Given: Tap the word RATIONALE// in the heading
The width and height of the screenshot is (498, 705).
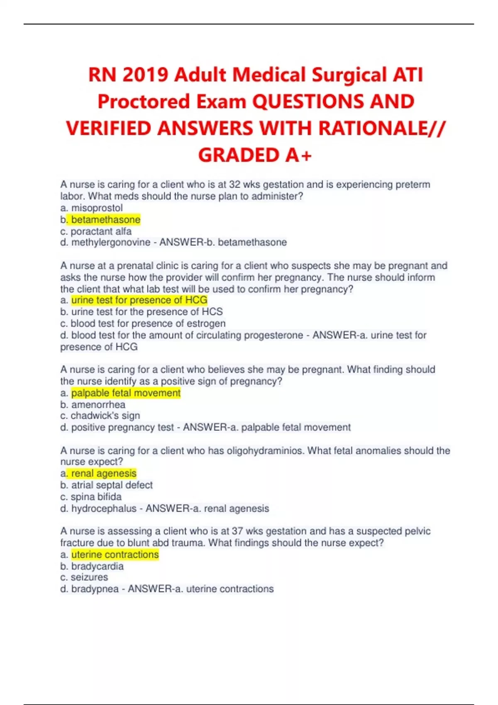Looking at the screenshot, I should (x=381, y=128).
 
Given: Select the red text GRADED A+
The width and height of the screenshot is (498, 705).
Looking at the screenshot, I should (x=254, y=155).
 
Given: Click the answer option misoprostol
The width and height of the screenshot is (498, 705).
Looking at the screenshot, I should (x=97, y=208).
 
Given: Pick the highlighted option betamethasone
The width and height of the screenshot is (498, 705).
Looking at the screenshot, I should (x=106, y=219).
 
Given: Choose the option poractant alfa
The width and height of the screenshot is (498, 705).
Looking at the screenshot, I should (x=101, y=231).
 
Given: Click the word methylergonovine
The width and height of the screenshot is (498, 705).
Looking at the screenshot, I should (x=110, y=242).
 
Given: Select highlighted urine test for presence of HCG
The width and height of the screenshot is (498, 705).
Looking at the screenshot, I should (x=139, y=300).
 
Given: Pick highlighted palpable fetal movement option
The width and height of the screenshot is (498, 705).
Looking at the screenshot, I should (x=126, y=393).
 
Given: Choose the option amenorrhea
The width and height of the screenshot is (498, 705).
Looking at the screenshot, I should (x=98, y=404).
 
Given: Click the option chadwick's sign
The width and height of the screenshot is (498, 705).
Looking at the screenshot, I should (x=105, y=416).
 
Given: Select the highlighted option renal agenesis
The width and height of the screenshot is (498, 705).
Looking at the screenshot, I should (x=104, y=473).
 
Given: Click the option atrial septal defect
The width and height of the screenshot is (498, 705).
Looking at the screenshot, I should (x=112, y=485).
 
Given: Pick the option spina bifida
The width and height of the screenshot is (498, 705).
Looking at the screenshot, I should (x=96, y=496).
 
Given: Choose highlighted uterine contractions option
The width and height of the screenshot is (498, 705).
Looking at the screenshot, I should (x=115, y=554).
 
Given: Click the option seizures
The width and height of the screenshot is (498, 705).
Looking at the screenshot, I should (x=89, y=577).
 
